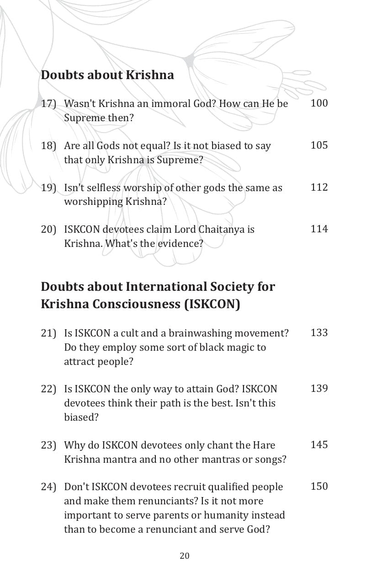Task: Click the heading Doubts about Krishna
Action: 107,75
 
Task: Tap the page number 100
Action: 319,103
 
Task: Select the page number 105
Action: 319,145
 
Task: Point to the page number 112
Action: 319,187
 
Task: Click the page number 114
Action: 319,229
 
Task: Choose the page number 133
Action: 319,333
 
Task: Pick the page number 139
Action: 319,389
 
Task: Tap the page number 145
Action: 319,445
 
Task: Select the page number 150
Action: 319,487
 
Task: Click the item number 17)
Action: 48,104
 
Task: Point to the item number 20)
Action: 48,230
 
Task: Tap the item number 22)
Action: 48,389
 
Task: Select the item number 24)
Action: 48,487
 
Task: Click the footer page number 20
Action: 185,556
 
